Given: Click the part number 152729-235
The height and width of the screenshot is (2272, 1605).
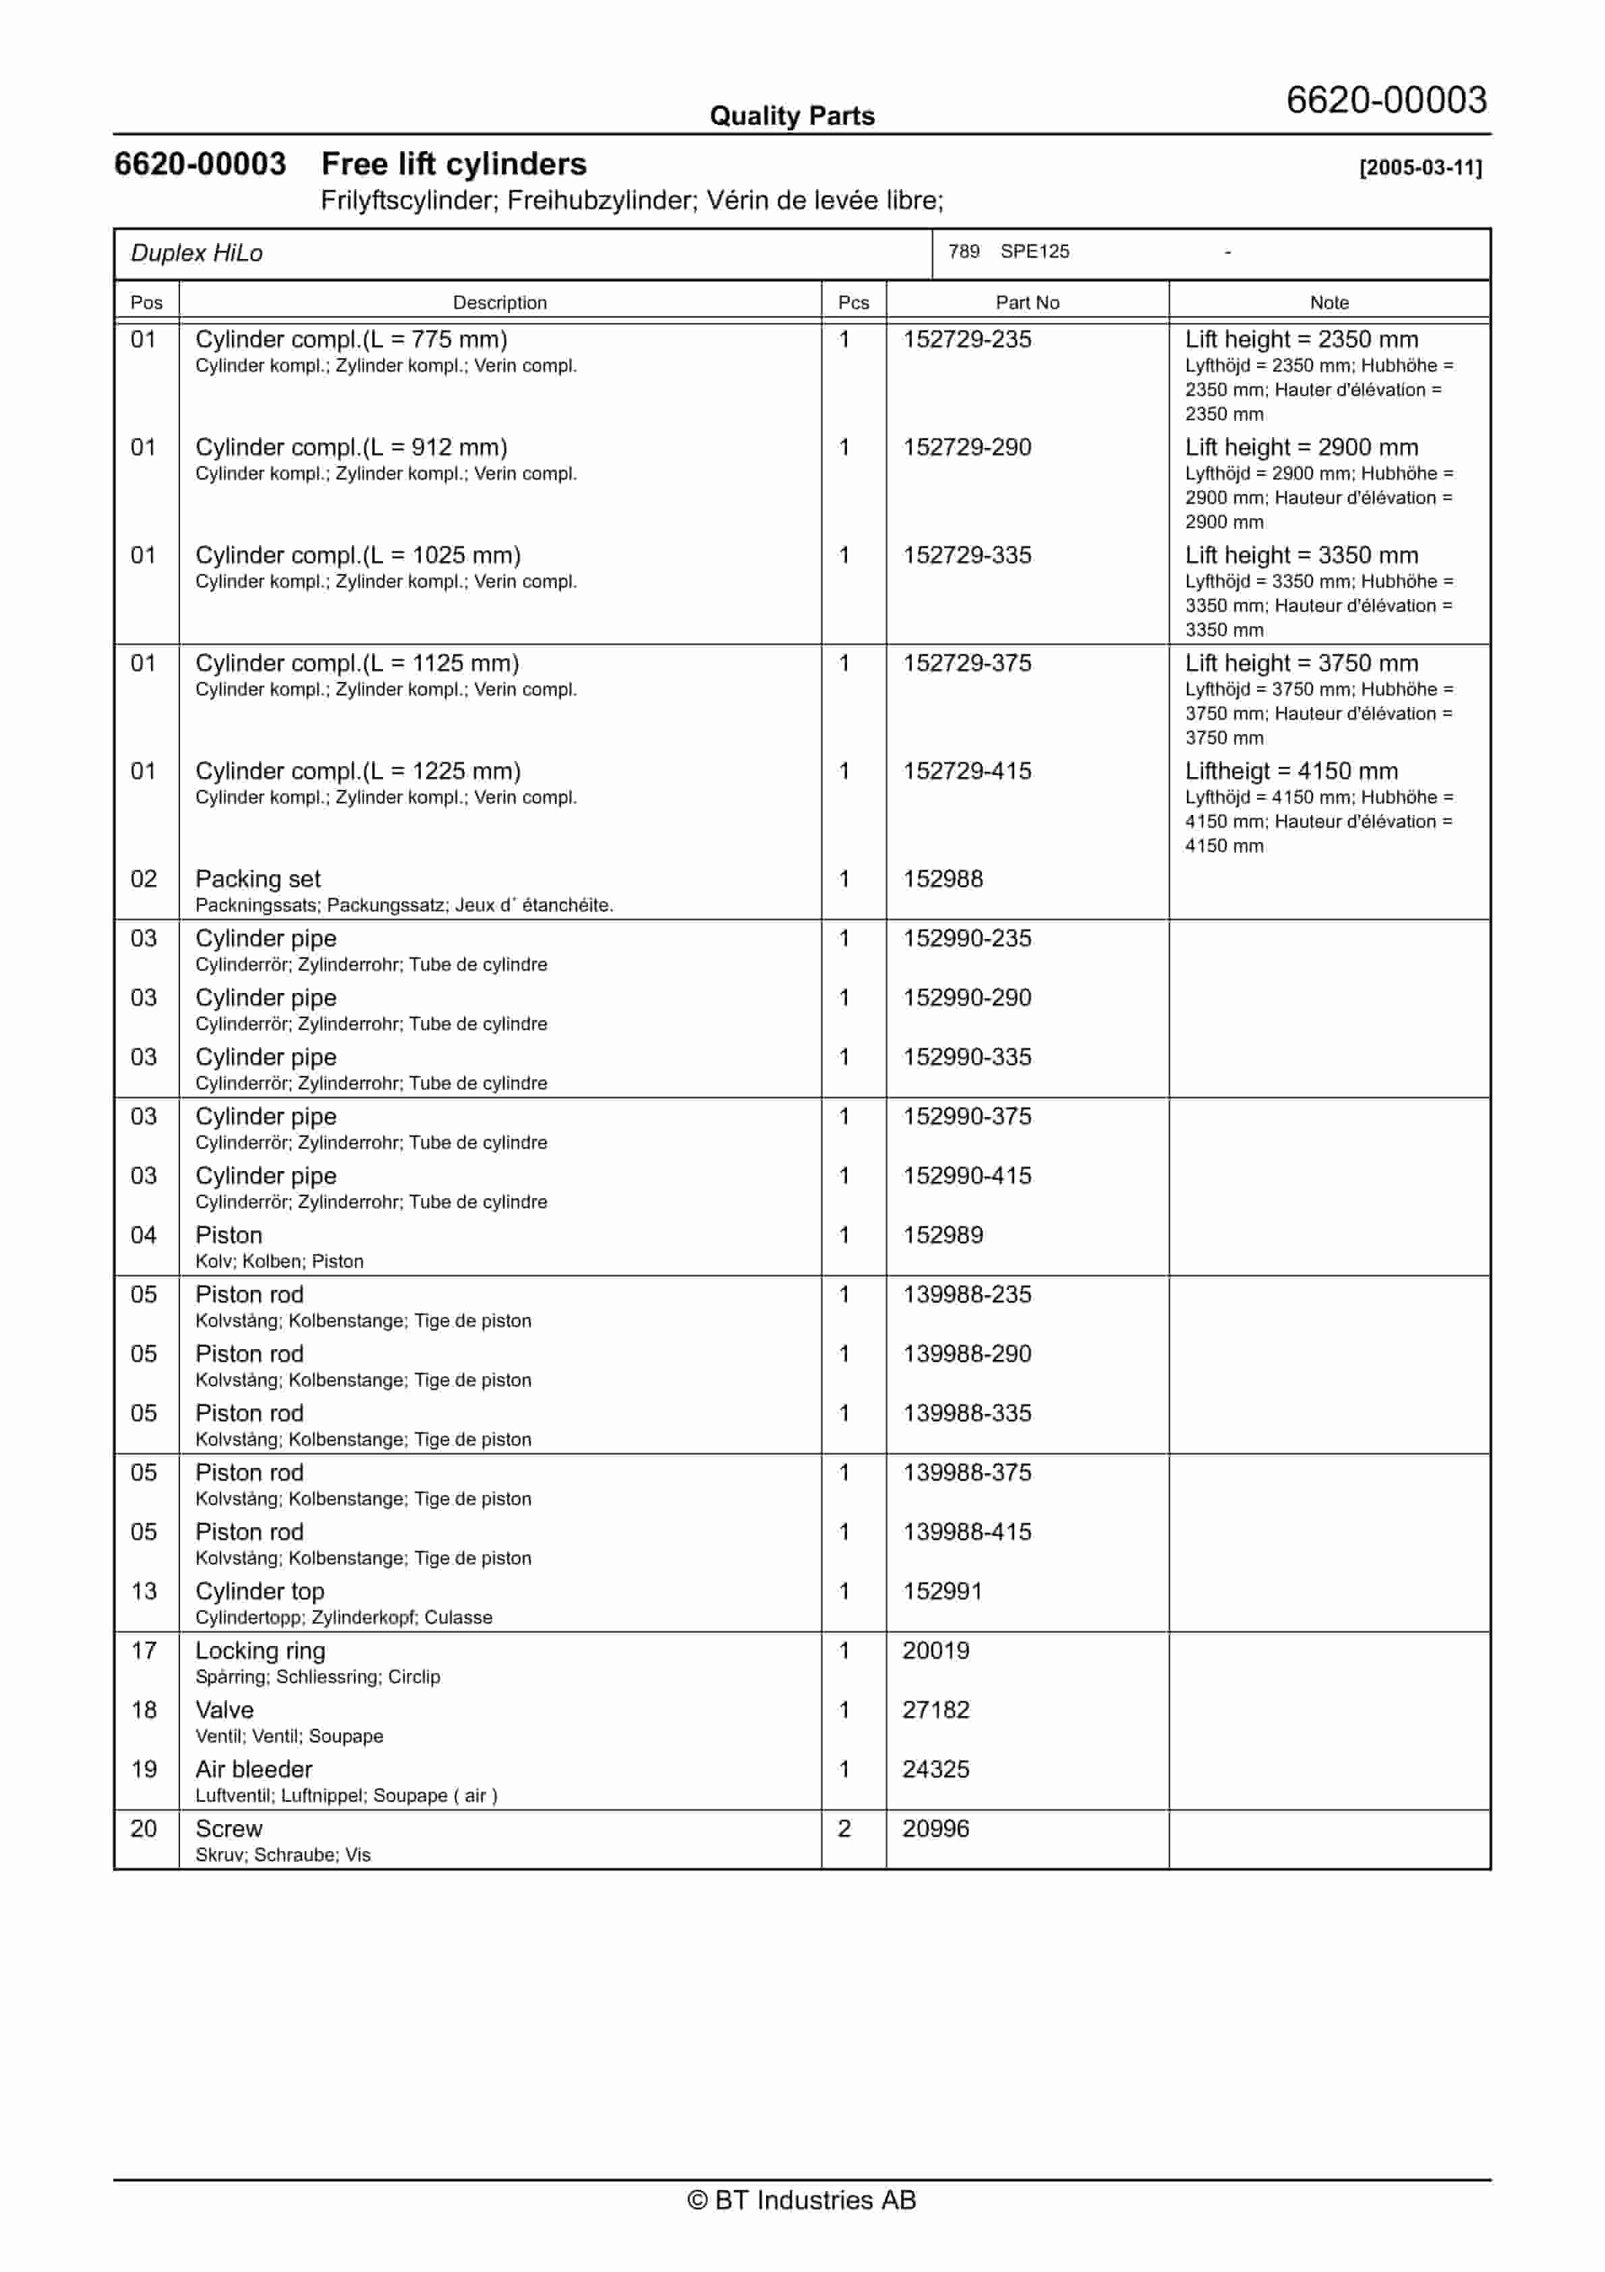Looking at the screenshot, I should pos(967,339).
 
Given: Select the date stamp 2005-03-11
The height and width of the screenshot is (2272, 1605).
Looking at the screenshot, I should pos(1420,167).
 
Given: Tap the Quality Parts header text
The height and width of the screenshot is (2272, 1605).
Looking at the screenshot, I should pos(792,116).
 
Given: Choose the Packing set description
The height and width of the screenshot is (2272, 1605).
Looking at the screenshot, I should pos(258,879).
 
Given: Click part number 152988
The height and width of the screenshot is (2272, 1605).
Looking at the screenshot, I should pos(943,879).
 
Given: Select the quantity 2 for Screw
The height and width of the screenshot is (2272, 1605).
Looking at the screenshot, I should pos(844,1829).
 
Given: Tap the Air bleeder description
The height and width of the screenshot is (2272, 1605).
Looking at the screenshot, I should pos(254,1769).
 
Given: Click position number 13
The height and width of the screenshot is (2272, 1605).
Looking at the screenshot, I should pos(144,1591).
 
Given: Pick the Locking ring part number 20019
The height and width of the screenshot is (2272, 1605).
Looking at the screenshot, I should pos(935,1651).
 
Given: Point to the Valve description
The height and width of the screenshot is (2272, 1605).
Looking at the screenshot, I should pos(225,1710).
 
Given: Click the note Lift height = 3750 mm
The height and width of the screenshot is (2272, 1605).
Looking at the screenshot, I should pos(1302,663).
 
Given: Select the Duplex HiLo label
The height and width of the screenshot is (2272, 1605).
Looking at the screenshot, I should pos(197,254).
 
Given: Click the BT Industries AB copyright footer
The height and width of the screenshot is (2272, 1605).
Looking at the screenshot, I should pos(802,2200).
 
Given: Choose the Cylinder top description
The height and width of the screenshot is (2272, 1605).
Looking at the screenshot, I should pos(259,1591).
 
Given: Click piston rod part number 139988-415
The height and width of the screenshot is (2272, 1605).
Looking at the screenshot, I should pos(967,1532).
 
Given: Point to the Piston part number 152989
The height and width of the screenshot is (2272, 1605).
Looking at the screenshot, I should pos(943,1235).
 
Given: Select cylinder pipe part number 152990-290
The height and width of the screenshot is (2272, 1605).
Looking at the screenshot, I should pos(967,998).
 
